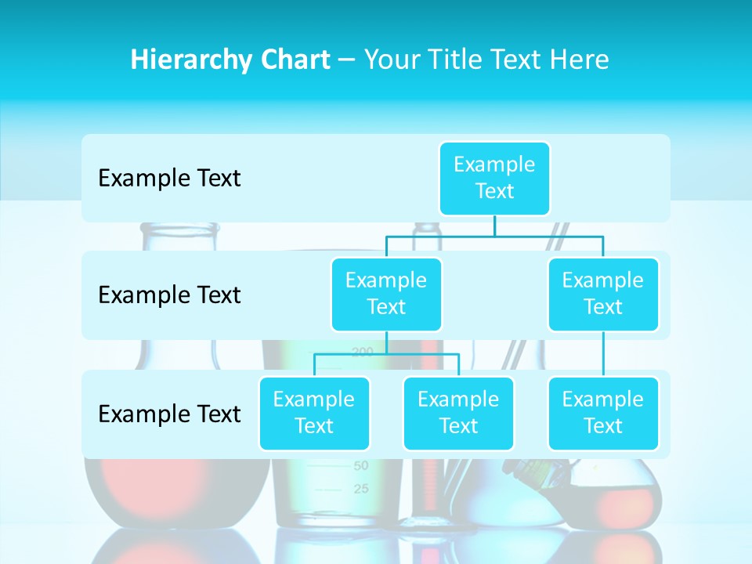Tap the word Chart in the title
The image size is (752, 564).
point(295,60)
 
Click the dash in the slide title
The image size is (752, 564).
point(347,60)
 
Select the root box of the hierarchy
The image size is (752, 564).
point(494,178)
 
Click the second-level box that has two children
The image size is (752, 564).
point(386,294)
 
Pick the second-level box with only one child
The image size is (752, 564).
point(603,294)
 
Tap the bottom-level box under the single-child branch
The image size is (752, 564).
point(603,413)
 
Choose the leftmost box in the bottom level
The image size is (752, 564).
point(314,413)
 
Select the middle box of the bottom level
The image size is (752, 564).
point(458,413)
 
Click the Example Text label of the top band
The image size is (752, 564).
point(169,179)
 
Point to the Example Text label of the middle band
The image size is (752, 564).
point(169,295)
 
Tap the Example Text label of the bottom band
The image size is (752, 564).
point(169,414)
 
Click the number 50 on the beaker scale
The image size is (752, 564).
point(361,465)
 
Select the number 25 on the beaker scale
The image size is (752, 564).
point(361,490)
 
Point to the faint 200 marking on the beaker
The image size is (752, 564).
point(363,352)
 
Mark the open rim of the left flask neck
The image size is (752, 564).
point(179,227)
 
